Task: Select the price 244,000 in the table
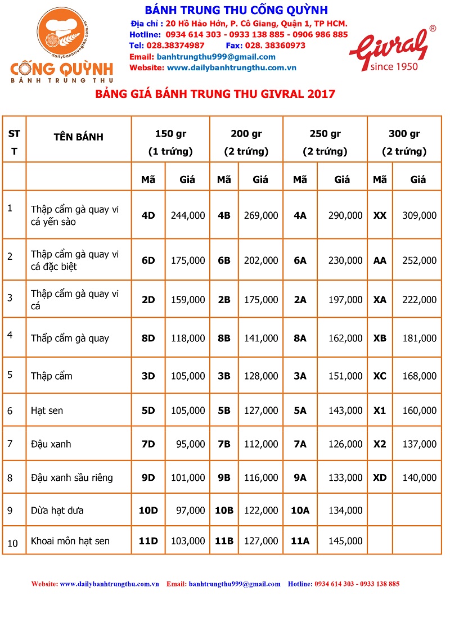tap(188, 215)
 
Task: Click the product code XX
tap(380, 215)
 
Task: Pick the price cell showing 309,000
tap(419, 215)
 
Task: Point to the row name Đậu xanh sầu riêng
tap(72, 477)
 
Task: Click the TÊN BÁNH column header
tap(78, 137)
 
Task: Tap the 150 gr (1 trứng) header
tap(170, 142)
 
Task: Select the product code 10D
tap(148, 510)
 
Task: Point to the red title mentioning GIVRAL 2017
tap(215, 94)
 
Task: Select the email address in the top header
tap(216, 57)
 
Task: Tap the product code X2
tap(380, 444)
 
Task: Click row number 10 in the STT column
tap(13, 543)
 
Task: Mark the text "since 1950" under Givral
tap(394, 66)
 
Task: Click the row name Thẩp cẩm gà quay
tap(70, 338)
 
